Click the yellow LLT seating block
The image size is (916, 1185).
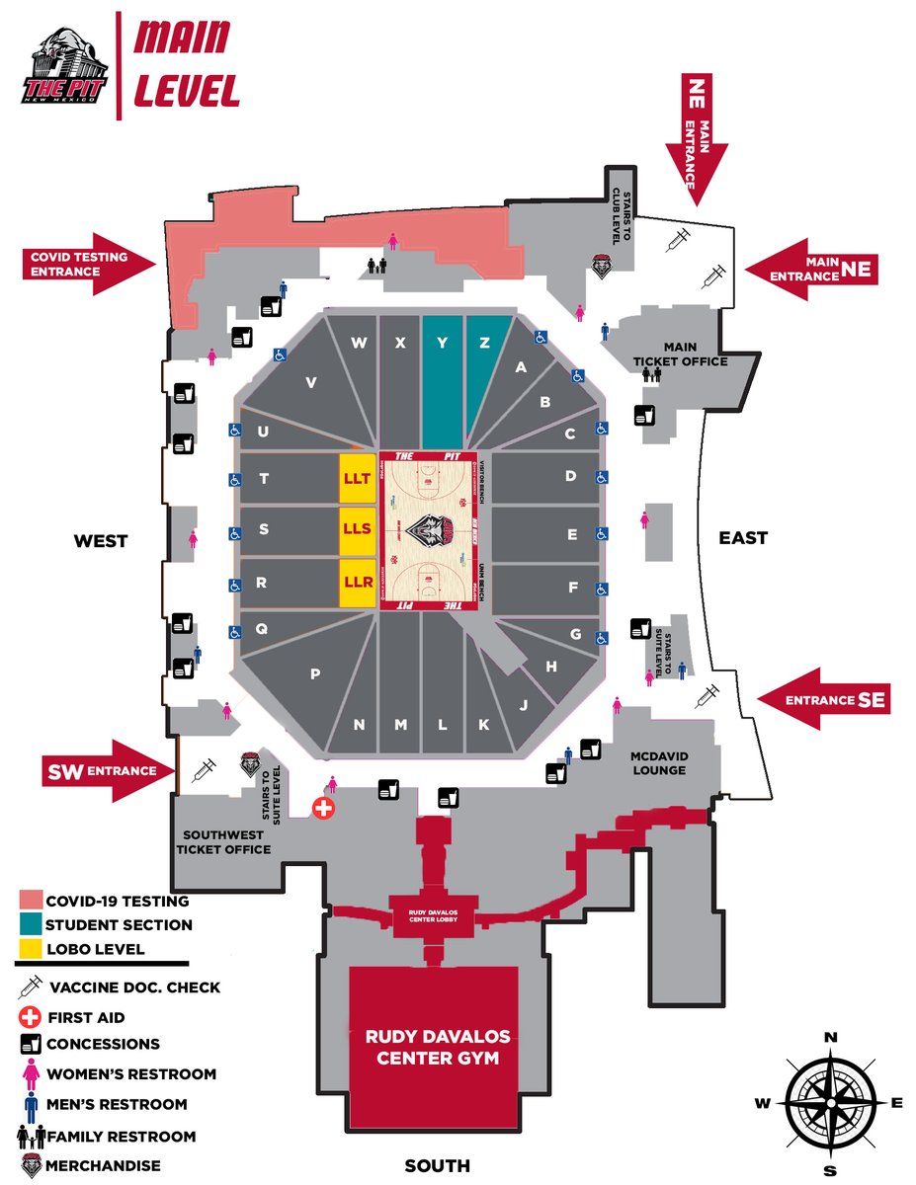click(357, 479)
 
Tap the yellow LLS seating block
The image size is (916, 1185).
click(357, 530)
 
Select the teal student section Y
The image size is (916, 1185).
click(443, 375)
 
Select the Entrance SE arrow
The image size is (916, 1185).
click(821, 700)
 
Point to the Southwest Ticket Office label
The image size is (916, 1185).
click(223, 842)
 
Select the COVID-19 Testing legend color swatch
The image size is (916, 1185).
click(31, 901)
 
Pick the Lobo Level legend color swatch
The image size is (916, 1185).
click(31, 949)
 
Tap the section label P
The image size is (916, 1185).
click(315, 674)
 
